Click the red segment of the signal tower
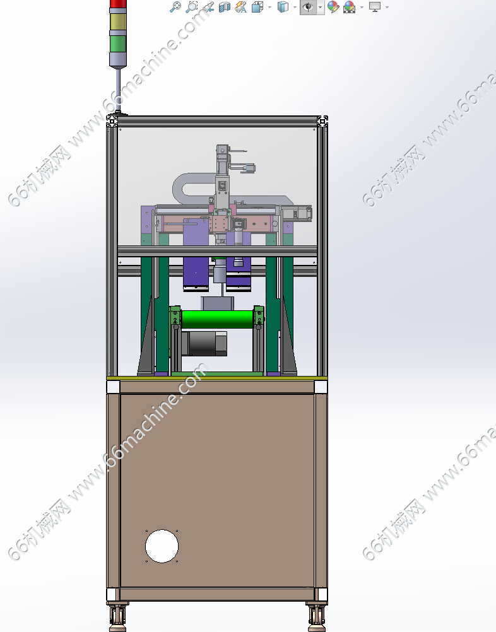(118, 4)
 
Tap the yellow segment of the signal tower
(118, 22)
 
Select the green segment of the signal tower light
(118, 44)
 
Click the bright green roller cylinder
(218, 319)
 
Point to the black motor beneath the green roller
(204, 343)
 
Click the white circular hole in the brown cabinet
(162, 546)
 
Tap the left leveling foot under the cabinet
(118, 617)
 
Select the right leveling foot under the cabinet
(316, 617)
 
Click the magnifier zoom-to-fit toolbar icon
(175, 7)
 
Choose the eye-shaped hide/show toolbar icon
(308, 7)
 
